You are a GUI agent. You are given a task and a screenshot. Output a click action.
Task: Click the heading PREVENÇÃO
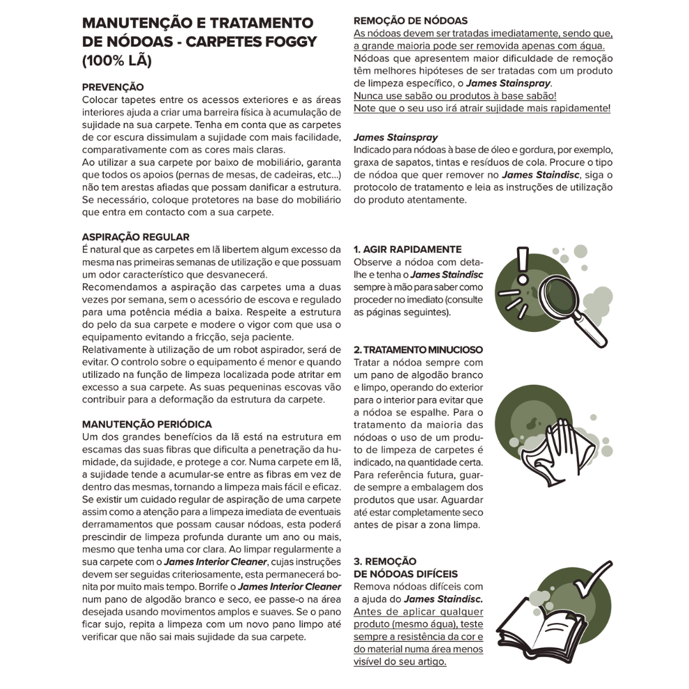click(113, 87)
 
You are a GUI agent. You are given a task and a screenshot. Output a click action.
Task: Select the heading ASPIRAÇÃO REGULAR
click(136, 237)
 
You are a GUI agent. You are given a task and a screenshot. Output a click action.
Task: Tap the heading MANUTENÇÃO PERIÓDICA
click(147, 424)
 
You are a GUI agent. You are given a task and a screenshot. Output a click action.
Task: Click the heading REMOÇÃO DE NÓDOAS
click(411, 21)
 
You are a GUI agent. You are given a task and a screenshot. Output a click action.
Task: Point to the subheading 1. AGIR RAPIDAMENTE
click(407, 249)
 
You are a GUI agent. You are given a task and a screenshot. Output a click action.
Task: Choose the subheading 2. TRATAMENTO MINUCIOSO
click(418, 349)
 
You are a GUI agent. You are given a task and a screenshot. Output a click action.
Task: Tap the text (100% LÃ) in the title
click(116, 61)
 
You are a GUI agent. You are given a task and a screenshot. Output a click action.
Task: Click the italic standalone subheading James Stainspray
click(395, 138)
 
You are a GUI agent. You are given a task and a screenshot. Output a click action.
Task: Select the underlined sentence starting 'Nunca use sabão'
click(454, 95)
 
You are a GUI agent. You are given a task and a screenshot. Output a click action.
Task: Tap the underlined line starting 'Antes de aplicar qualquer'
click(418, 611)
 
